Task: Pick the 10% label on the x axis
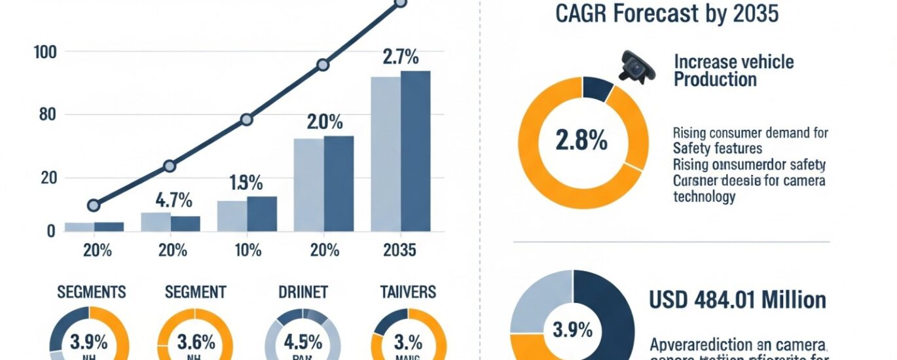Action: click(x=246, y=250)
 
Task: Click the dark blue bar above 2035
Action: click(x=416, y=151)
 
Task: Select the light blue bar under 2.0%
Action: click(x=308, y=185)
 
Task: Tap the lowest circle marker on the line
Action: click(x=94, y=206)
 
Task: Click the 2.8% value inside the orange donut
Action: click(x=581, y=141)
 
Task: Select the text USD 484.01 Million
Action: click(x=737, y=300)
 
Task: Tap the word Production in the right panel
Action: click(x=715, y=81)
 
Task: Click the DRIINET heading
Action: click(x=302, y=292)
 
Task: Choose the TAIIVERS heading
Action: click(x=409, y=292)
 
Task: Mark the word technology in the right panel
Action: click(x=704, y=196)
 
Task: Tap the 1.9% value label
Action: click(x=246, y=183)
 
